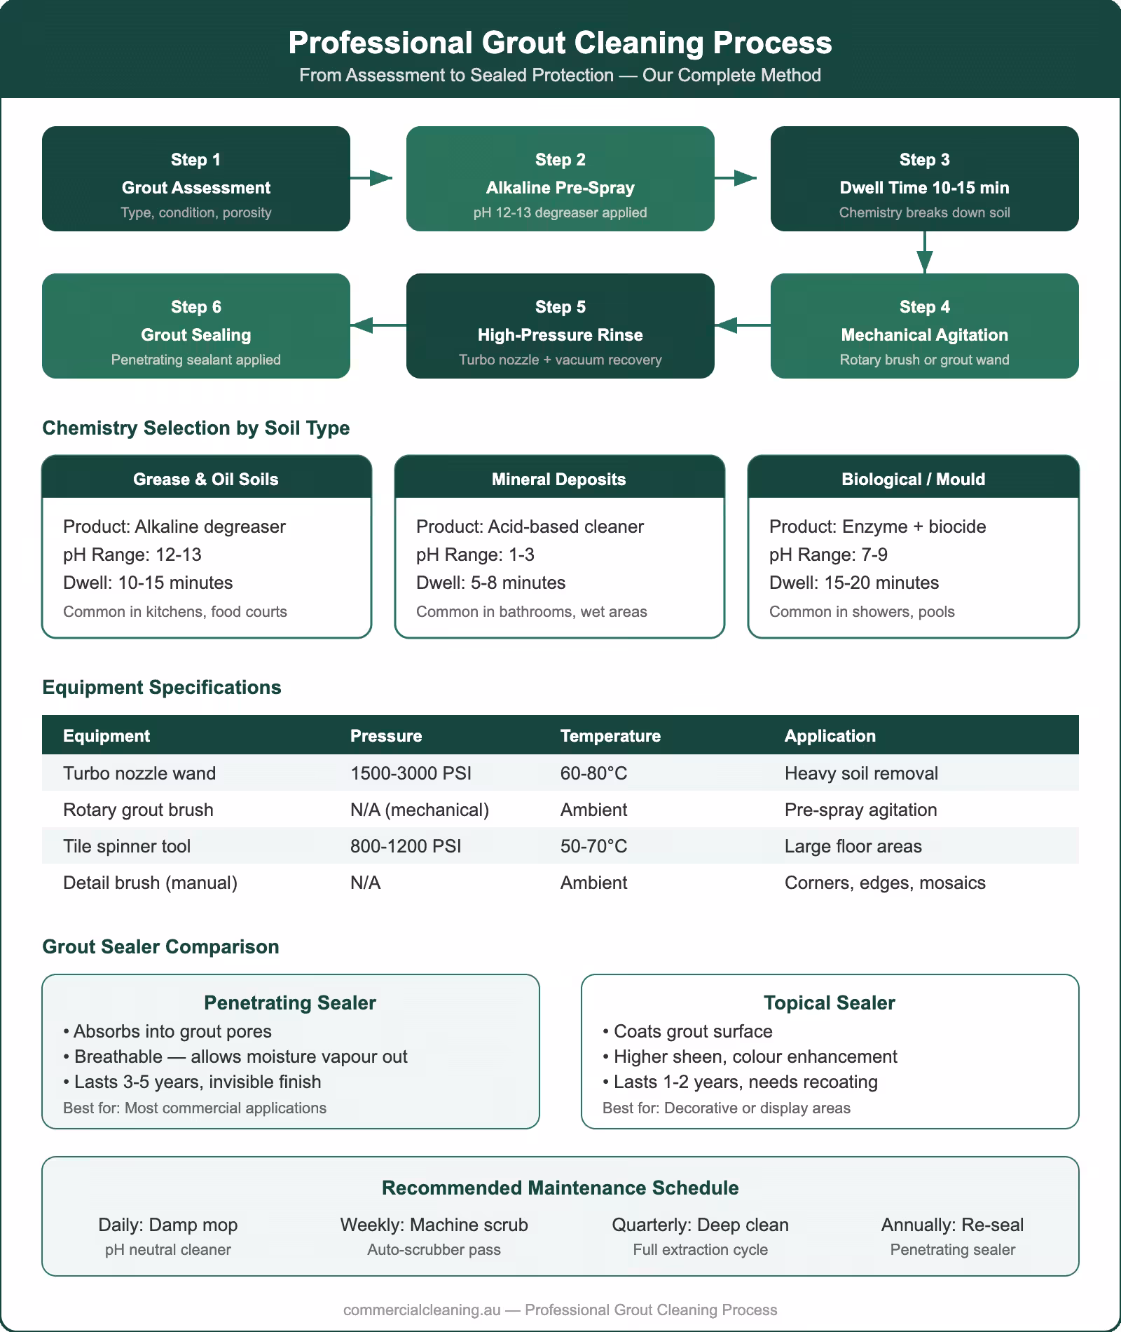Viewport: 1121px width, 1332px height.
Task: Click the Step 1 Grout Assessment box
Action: [x=196, y=179]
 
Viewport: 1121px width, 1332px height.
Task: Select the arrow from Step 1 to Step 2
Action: [x=371, y=178]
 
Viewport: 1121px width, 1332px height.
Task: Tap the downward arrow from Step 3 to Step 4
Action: [x=925, y=252]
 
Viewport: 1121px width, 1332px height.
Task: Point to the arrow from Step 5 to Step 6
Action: [x=378, y=325]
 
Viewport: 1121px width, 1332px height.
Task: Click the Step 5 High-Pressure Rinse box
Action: [x=560, y=326]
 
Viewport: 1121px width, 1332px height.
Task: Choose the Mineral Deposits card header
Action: [x=559, y=480]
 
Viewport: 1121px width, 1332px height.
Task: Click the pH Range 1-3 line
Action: [x=475, y=555]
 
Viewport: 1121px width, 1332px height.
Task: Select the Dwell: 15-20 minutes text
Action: [x=854, y=583]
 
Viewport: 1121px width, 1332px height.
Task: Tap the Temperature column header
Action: [x=610, y=735]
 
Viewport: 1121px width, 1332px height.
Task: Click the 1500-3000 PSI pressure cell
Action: [x=411, y=773]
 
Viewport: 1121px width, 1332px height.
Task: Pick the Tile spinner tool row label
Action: [x=127, y=846]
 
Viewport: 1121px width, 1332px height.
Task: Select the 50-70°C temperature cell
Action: [x=593, y=846]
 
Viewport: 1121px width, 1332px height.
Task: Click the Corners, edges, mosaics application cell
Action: [x=885, y=883]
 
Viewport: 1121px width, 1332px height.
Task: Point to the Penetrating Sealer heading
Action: [x=290, y=1003]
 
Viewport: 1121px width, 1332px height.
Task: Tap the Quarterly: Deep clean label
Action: [x=700, y=1225]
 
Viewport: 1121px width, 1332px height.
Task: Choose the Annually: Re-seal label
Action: [x=952, y=1225]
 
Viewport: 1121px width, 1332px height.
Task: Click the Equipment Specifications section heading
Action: [x=162, y=687]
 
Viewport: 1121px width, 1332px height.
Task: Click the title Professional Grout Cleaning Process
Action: [x=560, y=43]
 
